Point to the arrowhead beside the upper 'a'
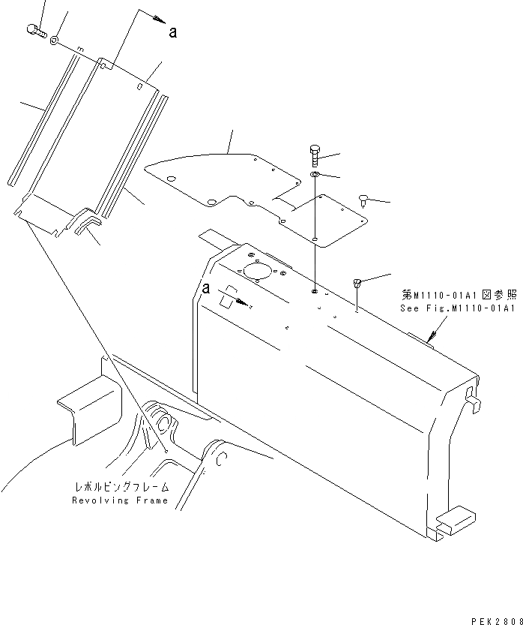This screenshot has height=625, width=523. [159, 20]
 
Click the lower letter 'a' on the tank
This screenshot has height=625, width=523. [205, 287]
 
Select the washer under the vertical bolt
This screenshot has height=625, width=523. [315, 176]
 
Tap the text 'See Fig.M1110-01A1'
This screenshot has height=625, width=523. [457, 308]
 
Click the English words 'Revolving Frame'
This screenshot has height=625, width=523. [120, 500]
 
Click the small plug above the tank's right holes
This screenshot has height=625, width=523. [357, 282]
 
